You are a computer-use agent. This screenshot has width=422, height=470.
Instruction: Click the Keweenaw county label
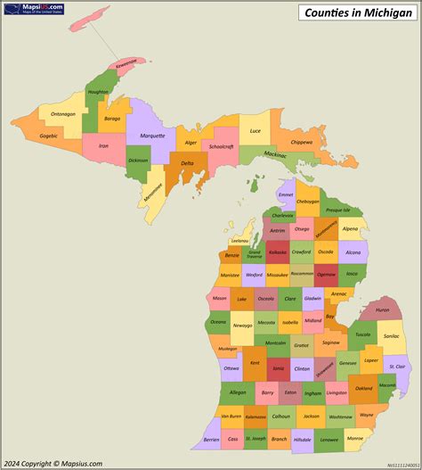126,63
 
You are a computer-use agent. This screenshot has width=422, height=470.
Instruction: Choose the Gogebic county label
48,136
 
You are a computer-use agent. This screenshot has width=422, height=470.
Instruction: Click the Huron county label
382,310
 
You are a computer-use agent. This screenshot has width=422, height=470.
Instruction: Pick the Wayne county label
366,415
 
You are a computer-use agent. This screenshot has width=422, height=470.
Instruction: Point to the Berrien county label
211,439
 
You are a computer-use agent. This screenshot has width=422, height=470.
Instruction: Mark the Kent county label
255,364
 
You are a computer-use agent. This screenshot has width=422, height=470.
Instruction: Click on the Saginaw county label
330,342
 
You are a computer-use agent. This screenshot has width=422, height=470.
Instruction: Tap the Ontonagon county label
62,114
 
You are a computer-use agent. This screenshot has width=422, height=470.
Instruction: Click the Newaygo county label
243,326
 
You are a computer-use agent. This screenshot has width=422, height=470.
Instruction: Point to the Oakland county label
361,389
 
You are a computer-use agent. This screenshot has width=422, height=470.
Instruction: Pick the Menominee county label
157,189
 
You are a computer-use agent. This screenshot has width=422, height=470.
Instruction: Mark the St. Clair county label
397,367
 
